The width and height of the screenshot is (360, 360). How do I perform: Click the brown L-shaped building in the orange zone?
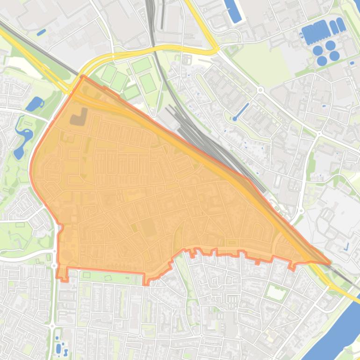pos(78,117)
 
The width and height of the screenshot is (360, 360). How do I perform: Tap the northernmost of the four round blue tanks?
pos(331,45)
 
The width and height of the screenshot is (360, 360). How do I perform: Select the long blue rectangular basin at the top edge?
pos(233,11)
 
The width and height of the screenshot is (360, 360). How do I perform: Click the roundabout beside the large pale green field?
pos(260,90)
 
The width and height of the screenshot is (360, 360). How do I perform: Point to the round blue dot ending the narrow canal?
pos(235,119)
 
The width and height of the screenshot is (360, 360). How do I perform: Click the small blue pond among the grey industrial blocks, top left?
pos(42,32)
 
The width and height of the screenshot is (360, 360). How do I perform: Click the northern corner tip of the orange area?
pos(83,76)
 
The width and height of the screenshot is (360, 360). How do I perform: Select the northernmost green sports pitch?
pos(142,65)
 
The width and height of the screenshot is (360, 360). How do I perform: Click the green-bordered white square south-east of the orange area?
pos(276,293)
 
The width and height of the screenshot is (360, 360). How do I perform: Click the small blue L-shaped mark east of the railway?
pos(347,246)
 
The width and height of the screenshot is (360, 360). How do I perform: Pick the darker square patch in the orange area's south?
pos(149,229)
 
